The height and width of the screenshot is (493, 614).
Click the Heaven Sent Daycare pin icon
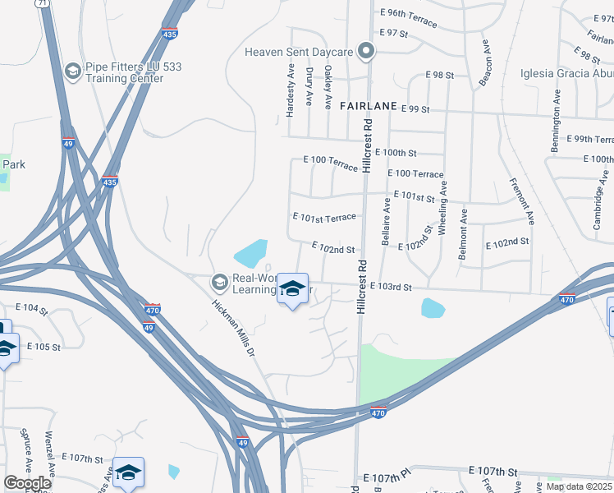click(x=367, y=53)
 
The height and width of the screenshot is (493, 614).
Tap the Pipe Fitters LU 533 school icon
click(x=71, y=72)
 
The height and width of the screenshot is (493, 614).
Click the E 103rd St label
click(x=390, y=287)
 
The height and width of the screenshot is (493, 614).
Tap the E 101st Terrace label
click(x=324, y=218)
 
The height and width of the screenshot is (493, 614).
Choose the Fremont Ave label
click(x=521, y=201)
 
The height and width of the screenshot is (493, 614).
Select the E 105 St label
click(x=44, y=347)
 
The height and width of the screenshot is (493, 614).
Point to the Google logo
click(x=27, y=483)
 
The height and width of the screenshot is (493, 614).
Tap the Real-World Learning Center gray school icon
click(x=219, y=282)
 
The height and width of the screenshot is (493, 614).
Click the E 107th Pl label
click(x=385, y=477)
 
